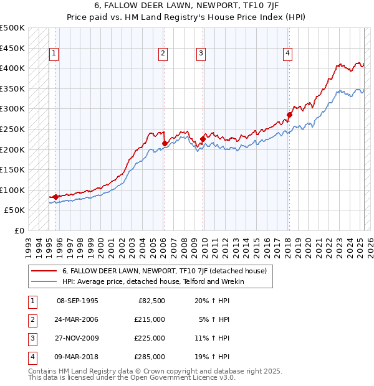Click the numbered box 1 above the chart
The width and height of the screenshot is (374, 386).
pyautogui.click(x=54, y=54)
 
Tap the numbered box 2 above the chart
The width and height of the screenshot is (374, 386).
pyautogui.click(x=163, y=54)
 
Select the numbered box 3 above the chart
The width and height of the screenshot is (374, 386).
pyautogui.click(x=201, y=54)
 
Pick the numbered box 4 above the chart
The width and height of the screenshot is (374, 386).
pyautogui.click(x=287, y=54)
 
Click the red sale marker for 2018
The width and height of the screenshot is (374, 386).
pyautogui.click(x=289, y=115)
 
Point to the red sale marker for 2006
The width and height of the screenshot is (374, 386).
pyautogui.click(x=165, y=143)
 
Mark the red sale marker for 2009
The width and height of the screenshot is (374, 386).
pyautogui.click(x=203, y=139)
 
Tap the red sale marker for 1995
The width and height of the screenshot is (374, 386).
pyautogui.click(x=55, y=197)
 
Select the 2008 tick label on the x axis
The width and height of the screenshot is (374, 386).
pyautogui.click(x=185, y=243)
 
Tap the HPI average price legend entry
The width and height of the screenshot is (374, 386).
pyautogui.click(x=153, y=281)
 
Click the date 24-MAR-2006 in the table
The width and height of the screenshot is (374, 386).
pyautogui.click(x=77, y=319)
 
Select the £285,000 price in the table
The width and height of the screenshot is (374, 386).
pyautogui.click(x=150, y=357)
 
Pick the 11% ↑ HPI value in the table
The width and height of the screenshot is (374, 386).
pyautogui.click(x=213, y=338)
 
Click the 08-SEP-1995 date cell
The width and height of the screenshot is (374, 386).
pyautogui.click(x=77, y=301)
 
